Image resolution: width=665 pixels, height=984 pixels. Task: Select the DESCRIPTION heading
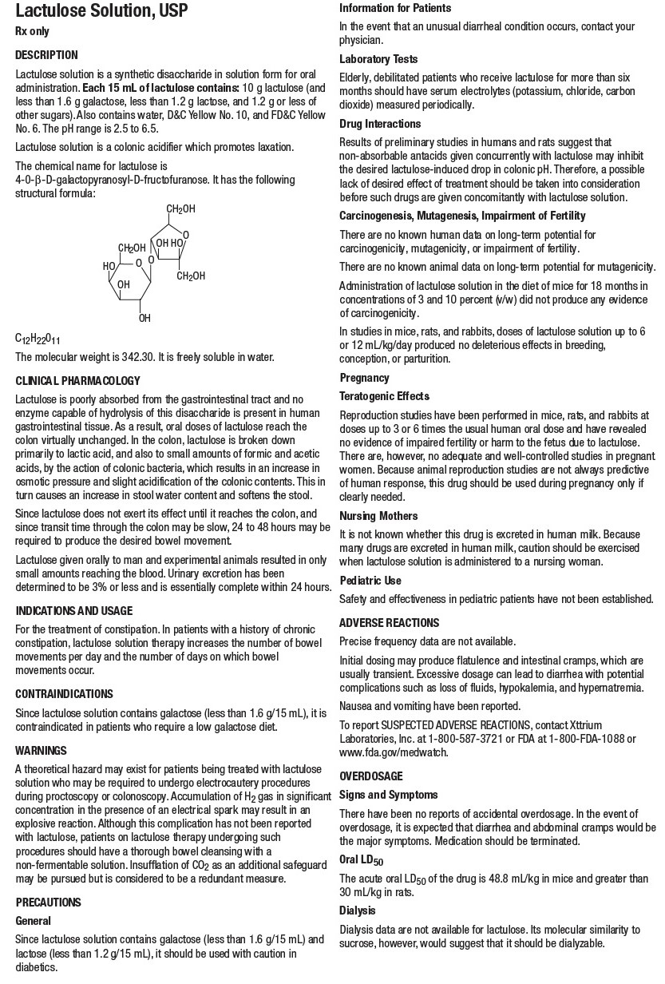point(47,55)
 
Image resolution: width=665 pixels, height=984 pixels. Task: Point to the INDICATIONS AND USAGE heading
point(74,610)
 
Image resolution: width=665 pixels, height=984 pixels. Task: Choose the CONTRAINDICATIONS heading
point(65,693)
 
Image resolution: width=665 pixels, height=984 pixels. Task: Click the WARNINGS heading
point(41,751)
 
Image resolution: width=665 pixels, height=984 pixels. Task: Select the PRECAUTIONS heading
point(49,902)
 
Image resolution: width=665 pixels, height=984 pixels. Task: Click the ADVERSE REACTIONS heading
point(389,622)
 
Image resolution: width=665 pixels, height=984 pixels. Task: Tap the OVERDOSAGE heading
point(371,776)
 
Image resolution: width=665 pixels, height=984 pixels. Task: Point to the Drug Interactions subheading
point(380,124)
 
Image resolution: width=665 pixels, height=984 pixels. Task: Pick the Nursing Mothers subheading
point(378,516)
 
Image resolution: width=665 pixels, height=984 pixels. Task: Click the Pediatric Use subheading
point(370,581)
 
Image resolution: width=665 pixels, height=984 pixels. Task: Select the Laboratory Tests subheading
point(378,59)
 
